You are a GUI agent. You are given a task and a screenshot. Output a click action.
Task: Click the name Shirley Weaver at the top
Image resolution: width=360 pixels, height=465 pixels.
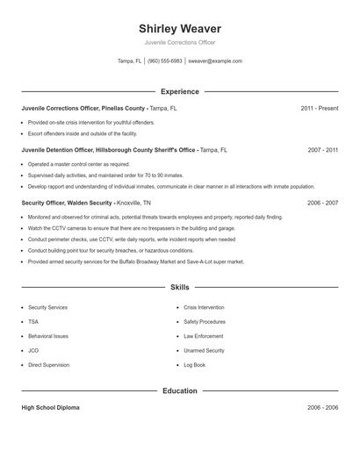point(180,28)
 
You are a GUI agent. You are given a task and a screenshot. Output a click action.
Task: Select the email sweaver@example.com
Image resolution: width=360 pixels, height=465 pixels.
point(215,61)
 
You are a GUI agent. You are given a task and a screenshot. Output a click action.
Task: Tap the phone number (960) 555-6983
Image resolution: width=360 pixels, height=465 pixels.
point(165,61)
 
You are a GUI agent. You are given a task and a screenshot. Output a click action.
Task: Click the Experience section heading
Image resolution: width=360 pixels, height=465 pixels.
point(180,91)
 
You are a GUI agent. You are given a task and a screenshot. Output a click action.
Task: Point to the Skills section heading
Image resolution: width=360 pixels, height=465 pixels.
point(180,287)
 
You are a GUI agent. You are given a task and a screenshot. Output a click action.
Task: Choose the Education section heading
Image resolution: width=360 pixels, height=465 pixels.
point(180,390)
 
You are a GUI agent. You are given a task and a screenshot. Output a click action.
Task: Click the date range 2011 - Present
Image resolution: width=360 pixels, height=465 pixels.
point(319,108)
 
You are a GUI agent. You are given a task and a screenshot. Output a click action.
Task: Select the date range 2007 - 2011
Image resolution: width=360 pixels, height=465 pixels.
point(323,150)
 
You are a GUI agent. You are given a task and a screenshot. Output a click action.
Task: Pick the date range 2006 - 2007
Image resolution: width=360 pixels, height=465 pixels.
point(323,203)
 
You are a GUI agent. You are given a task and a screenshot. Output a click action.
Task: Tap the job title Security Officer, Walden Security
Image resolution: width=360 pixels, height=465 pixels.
point(67,203)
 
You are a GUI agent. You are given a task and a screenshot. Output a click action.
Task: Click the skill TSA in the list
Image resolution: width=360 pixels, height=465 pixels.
point(33,322)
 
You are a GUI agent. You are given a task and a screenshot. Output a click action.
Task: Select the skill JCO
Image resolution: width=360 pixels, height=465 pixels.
point(33,350)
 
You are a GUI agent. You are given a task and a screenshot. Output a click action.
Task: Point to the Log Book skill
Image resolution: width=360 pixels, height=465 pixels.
point(194,364)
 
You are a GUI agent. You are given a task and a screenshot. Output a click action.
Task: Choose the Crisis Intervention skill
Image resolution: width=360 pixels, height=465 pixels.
point(204,308)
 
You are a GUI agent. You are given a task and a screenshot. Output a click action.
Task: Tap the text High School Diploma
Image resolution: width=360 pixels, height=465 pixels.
point(51,408)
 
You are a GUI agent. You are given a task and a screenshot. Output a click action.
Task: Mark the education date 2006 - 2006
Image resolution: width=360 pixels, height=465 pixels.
point(323,408)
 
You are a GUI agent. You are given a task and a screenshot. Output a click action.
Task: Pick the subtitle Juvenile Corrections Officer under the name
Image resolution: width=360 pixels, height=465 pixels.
point(180,42)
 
